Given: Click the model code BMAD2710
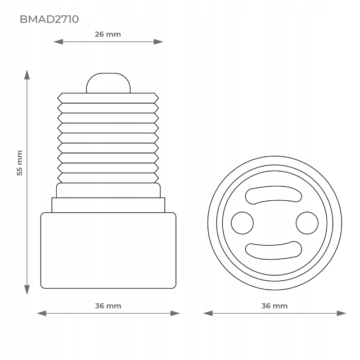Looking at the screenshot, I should (49, 19).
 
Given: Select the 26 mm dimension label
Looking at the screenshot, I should (108, 34).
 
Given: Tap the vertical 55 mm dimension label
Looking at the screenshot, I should (19, 163).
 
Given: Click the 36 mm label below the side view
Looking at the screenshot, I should (108, 306).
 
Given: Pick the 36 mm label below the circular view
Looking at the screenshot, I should (274, 306).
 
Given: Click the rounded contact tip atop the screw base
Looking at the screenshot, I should (108, 83).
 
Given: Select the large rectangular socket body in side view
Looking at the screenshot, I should (108, 250).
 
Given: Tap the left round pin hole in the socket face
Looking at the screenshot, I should (243, 222).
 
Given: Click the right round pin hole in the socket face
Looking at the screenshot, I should (307, 222).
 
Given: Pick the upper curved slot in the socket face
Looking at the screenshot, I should (273, 197).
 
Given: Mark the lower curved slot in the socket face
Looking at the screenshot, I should (273, 248).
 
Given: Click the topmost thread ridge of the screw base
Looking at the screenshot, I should (108, 98).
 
